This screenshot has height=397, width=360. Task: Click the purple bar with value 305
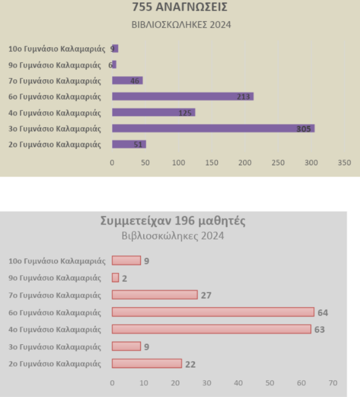(x=213, y=128)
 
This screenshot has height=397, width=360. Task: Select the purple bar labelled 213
(x=182, y=97)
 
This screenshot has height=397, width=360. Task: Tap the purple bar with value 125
(x=153, y=112)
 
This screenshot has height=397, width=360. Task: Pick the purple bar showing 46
(x=127, y=80)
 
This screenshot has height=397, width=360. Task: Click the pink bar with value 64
(x=213, y=312)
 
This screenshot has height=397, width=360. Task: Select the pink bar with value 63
(x=211, y=329)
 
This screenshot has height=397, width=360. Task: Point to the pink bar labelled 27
(x=155, y=295)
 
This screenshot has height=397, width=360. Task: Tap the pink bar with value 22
(x=147, y=363)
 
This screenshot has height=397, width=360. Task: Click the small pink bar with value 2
(x=115, y=278)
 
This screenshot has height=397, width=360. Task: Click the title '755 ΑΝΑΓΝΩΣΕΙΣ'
(x=180, y=8)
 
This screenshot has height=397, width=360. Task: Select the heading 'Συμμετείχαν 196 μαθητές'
(x=173, y=220)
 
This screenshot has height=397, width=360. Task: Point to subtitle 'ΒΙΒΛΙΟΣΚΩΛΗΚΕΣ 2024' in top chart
(x=181, y=24)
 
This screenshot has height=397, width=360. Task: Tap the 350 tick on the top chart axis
(x=344, y=162)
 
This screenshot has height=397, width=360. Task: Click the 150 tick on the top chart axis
(x=212, y=162)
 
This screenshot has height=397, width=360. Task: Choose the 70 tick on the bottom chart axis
(x=333, y=382)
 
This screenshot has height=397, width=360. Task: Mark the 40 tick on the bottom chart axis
(x=238, y=382)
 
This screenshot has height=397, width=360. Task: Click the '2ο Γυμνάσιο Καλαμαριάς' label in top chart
(x=55, y=144)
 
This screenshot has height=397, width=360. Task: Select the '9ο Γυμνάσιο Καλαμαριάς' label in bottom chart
(x=55, y=278)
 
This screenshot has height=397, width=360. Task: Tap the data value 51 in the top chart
(x=138, y=144)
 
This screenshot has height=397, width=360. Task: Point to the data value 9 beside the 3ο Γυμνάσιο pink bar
(x=147, y=346)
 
